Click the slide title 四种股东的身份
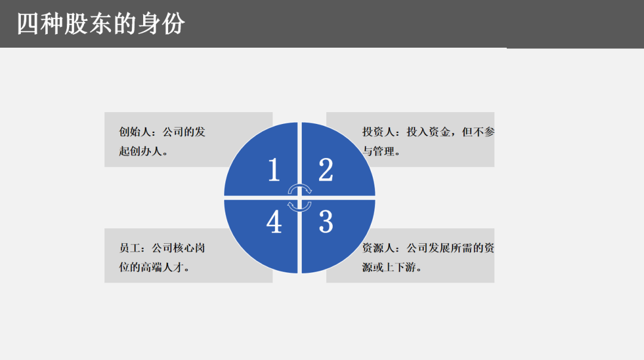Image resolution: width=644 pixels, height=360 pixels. pos(101,24)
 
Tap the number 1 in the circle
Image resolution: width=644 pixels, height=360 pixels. pos(274,170)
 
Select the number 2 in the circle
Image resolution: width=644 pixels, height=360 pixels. pos(326,170)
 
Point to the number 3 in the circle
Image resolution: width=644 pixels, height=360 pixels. pos(326,222)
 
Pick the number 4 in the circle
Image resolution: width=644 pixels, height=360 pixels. pos(274,222)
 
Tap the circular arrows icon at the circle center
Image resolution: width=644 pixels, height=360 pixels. pos(299,197)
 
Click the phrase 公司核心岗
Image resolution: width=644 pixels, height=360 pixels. pos(179,248)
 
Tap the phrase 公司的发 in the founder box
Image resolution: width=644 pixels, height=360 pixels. pos(184,132)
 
